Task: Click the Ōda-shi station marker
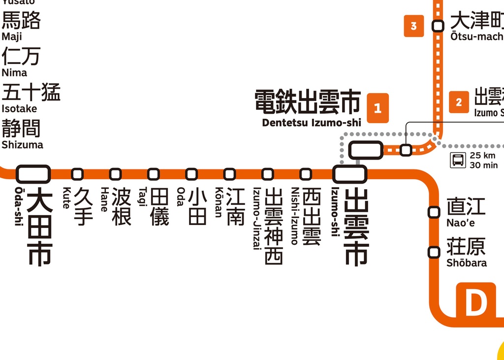click(x=33, y=174)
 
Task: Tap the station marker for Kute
click(x=77, y=174)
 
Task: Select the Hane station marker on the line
click(x=115, y=174)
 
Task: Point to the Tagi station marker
click(x=154, y=174)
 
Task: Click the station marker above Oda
click(x=191, y=174)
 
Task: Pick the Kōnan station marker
click(x=229, y=174)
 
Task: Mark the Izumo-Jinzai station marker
click(x=267, y=174)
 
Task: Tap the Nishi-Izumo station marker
click(x=306, y=174)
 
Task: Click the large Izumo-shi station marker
click(x=350, y=174)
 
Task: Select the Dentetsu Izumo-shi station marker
click(x=366, y=150)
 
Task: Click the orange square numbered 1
click(x=378, y=108)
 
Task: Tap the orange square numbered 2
click(x=459, y=102)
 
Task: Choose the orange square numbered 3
click(x=413, y=26)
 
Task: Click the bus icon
click(x=458, y=160)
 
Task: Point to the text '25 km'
click(x=482, y=156)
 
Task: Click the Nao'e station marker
click(x=434, y=212)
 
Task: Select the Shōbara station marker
click(x=434, y=252)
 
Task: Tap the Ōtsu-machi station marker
click(x=438, y=26)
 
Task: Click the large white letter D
click(x=475, y=303)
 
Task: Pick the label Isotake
click(x=19, y=109)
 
